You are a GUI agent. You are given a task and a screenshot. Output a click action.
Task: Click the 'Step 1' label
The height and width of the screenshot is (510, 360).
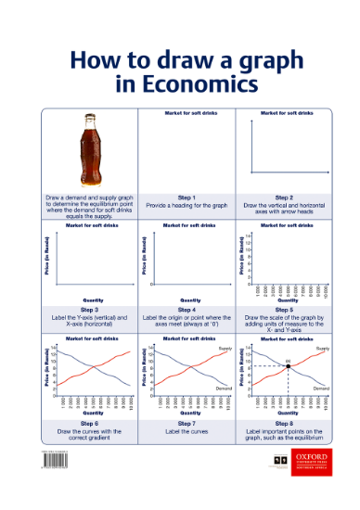(x=186, y=198)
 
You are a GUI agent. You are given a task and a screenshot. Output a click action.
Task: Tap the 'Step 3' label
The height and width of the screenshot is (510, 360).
(x=92, y=309)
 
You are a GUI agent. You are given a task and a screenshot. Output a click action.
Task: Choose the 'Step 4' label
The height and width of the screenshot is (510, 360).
(x=186, y=309)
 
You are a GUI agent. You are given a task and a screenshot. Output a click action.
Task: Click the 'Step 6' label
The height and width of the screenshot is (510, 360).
(x=92, y=423)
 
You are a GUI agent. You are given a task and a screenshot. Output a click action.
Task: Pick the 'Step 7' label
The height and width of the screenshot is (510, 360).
(x=186, y=423)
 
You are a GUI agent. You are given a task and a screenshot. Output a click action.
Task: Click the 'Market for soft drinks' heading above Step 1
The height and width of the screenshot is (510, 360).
(x=186, y=112)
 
